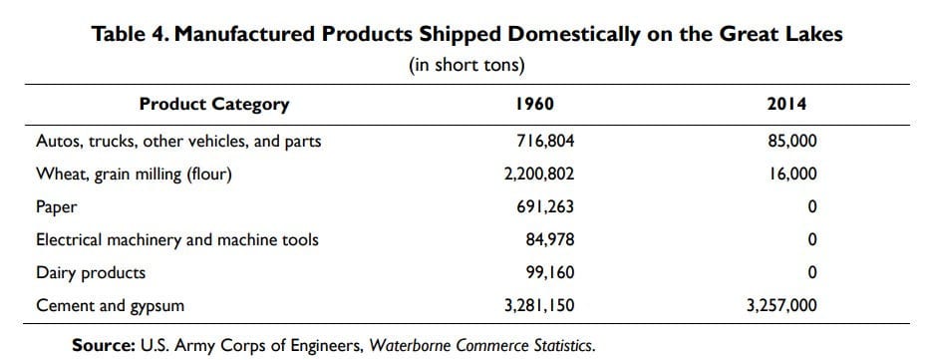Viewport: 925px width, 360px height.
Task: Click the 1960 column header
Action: click(534, 105)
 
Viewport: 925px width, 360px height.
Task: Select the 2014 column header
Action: click(787, 105)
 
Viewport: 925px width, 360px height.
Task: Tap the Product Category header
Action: click(214, 105)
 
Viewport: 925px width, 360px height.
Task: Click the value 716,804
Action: click(545, 142)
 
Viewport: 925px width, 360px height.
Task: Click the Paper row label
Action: click(57, 208)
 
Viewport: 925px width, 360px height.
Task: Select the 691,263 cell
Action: click(545, 207)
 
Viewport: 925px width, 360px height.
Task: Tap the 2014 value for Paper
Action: click(812, 207)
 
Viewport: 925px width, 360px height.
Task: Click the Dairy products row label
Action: click(91, 273)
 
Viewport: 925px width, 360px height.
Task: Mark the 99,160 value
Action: click(550, 272)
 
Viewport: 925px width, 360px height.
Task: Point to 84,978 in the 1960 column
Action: click(550, 240)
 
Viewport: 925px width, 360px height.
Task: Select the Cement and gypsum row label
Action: click(111, 306)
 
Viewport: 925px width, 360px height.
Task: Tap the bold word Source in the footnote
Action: click(104, 345)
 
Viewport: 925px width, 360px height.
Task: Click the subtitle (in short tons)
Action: click(466, 66)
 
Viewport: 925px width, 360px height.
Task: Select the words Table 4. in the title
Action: click(130, 35)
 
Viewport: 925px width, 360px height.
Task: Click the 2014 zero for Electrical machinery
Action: click(812, 240)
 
